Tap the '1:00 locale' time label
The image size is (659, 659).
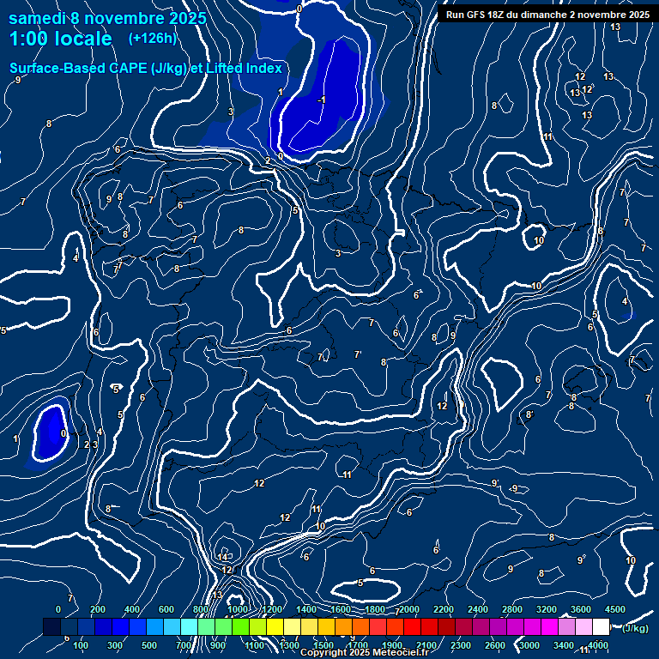(61, 39)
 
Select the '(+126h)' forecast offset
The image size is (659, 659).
(151, 39)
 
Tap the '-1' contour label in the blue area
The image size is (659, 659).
(321, 100)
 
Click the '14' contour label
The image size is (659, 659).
(223, 558)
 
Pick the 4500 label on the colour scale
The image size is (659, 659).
(615, 609)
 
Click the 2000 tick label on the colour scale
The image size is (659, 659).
(409, 609)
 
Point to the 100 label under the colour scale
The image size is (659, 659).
(82, 645)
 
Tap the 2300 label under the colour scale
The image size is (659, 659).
(460, 645)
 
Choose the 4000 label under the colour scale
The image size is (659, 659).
(598, 645)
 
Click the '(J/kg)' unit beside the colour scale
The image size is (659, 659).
(636, 628)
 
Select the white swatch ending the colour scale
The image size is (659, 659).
(601, 627)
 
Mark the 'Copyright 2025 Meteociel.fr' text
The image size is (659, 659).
(365, 653)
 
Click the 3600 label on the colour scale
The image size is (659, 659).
(581, 609)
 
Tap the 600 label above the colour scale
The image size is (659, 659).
(166, 609)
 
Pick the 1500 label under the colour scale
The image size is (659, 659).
(323, 645)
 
